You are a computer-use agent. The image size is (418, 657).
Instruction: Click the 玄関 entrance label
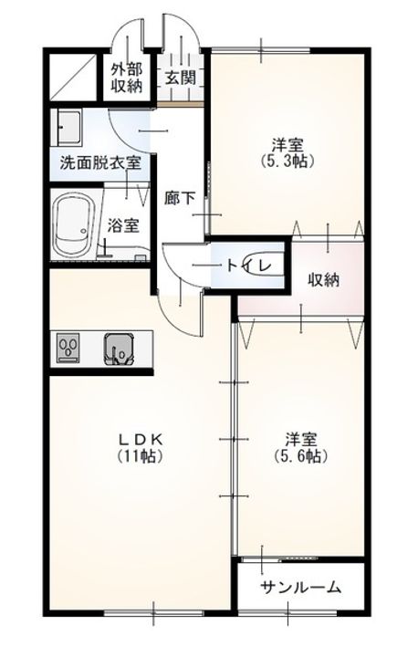pyautogui.click(x=181, y=78)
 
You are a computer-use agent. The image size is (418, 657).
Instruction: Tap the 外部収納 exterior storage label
pyautogui.click(x=127, y=78)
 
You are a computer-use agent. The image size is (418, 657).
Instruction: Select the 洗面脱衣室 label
pyautogui.click(x=100, y=162)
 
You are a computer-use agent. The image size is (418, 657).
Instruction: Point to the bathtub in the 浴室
pyautogui.click(x=75, y=226)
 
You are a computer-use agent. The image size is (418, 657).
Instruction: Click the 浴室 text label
pyautogui.click(x=123, y=226)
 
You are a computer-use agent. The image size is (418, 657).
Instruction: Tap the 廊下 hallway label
pyautogui.click(x=180, y=198)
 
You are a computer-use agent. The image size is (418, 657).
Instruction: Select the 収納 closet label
pyautogui.click(x=324, y=279)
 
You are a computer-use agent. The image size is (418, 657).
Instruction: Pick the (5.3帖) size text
pyautogui.click(x=287, y=161)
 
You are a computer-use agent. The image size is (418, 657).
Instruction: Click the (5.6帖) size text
pyautogui.click(x=300, y=455)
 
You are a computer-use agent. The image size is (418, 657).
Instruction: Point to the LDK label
pyautogui.click(x=141, y=439)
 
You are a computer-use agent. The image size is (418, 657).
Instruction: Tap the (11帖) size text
pyautogui.click(x=141, y=455)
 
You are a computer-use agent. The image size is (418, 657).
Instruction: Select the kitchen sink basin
pyautogui.click(x=119, y=349)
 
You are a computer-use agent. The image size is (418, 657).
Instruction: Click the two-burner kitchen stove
pyautogui.click(x=68, y=349)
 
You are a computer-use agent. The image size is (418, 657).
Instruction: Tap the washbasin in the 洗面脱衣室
pyautogui.click(x=67, y=128)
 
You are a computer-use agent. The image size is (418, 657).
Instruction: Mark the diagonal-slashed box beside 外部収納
pyautogui.click(x=74, y=77)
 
